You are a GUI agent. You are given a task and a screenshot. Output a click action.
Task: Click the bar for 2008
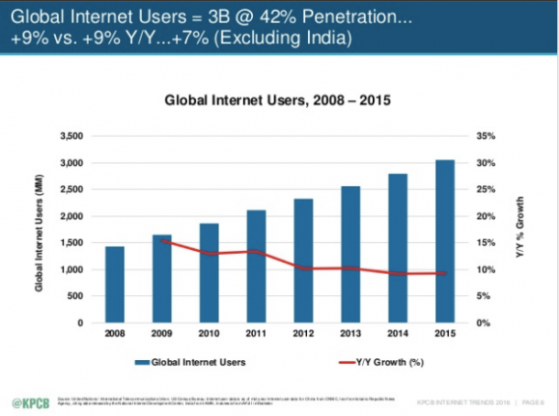click(x=115, y=285)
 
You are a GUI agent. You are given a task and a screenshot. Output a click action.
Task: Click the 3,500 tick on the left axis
click(x=71, y=137)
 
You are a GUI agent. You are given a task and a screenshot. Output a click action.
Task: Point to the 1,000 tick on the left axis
click(x=71, y=270)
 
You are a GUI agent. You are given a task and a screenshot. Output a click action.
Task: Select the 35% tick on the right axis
click(x=485, y=137)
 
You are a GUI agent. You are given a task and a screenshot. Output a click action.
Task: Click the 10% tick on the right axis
click(x=485, y=270)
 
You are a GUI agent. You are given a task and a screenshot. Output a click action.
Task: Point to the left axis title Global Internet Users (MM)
click(x=39, y=230)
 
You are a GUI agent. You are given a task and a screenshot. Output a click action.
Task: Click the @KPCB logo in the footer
click(x=28, y=401)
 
